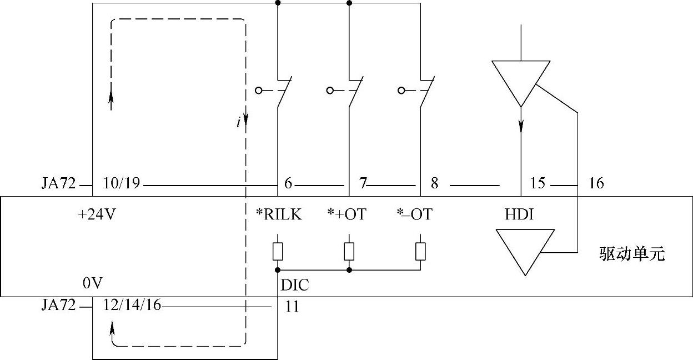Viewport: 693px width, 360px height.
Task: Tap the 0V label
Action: (x=93, y=284)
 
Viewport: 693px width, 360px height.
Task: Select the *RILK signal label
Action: (x=279, y=215)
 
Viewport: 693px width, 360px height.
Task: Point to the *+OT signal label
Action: (x=347, y=215)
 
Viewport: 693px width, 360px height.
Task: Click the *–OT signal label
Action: (x=415, y=215)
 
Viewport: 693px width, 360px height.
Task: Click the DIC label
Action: (x=295, y=286)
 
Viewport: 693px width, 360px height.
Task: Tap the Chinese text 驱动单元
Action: (x=632, y=255)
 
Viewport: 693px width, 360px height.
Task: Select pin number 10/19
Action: (x=122, y=183)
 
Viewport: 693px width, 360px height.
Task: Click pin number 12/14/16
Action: (x=132, y=306)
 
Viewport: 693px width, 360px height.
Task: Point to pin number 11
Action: (x=292, y=306)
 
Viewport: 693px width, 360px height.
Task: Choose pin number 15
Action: (x=538, y=183)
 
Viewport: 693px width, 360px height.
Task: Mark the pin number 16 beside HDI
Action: (x=596, y=183)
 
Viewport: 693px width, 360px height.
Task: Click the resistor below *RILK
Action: (x=278, y=252)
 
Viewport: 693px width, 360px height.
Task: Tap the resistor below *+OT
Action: (x=349, y=252)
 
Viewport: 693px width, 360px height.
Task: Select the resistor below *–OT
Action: (x=420, y=252)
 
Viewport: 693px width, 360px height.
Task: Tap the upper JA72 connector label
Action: (x=58, y=183)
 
